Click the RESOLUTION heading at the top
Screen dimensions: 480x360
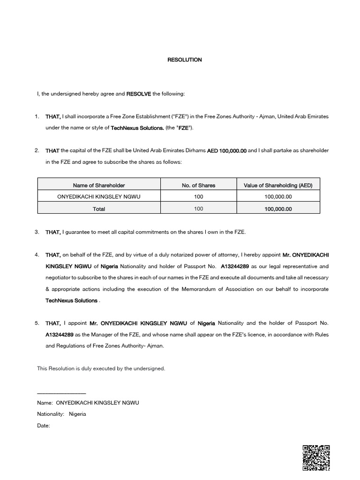185,60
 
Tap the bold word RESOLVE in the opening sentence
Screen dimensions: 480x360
139,94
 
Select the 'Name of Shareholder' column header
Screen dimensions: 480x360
99,185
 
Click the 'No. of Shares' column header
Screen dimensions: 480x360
198,185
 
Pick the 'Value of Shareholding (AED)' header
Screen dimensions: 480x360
278,185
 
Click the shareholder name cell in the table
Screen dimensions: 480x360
99,197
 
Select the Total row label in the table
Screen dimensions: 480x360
99,209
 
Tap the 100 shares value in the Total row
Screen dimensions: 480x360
198,209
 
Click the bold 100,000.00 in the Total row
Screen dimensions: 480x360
278,209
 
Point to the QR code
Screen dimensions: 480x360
316,457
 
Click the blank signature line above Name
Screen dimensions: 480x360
61,393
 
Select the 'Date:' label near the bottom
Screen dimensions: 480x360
43,426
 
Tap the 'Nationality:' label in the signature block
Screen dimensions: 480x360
51,414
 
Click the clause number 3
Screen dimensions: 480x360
37,232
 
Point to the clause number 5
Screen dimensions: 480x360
37,323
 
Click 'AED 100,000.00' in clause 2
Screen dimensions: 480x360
227,150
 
